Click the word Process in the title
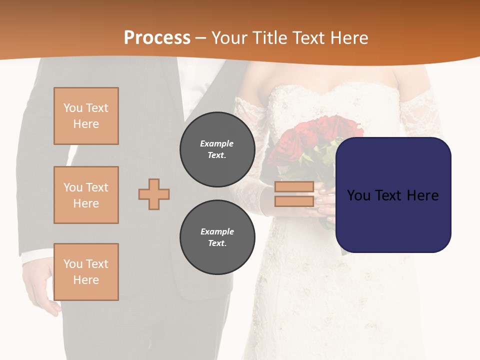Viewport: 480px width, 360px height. point(157,38)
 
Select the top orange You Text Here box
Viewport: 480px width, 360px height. point(86,116)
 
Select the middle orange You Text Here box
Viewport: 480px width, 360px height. point(86,195)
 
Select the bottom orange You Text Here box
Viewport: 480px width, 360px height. point(86,272)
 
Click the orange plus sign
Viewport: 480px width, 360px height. point(154,194)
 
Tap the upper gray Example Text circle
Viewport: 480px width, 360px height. point(217,149)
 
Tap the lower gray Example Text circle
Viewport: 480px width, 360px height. point(217,237)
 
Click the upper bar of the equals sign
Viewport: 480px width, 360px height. point(294,187)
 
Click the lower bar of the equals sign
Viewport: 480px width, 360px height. point(294,201)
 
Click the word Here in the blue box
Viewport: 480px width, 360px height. point(422,195)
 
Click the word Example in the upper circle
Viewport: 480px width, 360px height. point(217,143)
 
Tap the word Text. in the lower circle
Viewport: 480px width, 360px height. point(217,243)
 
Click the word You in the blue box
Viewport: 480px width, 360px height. point(358,195)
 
